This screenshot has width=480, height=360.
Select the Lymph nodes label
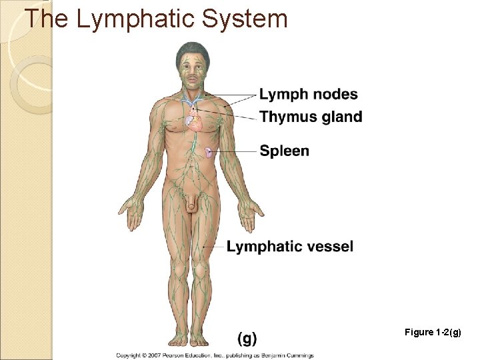[308, 95]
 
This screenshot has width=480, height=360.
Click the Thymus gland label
[311, 117]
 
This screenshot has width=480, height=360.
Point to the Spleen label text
[285, 151]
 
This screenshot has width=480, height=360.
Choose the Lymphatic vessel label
[290, 247]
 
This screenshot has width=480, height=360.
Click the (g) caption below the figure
[247, 338]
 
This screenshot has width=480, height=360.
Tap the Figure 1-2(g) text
[433, 332]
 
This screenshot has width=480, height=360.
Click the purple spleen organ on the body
[209, 152]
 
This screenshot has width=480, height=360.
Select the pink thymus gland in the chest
[194, 121]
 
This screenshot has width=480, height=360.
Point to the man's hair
[192, 51]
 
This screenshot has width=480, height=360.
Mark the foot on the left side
[177, 338]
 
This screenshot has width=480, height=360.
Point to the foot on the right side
[202, 338]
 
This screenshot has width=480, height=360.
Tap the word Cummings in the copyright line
[299, 355]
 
